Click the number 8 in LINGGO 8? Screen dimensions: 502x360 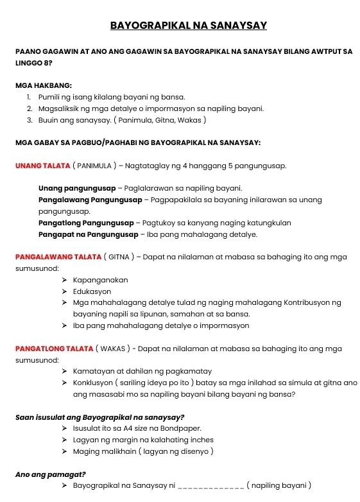tap(46, 62)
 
